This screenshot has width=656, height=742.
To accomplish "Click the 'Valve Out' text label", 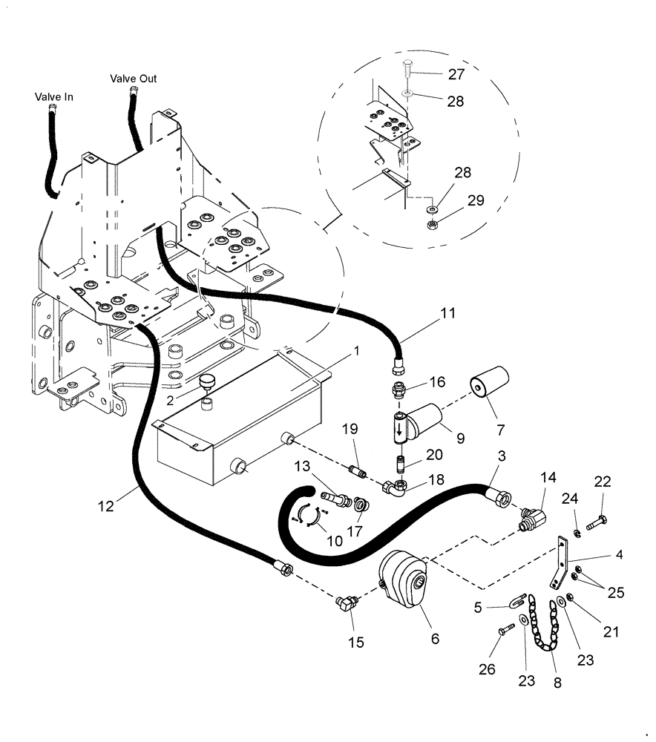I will pyautogui.click(x=134, y=79).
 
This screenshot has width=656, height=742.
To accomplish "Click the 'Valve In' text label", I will pyautogui.click(x=53, y=96).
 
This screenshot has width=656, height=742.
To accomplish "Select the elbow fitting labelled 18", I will pyautogui.click(x=395, y=486).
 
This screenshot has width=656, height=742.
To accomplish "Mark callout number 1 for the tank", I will pyautogui.click(x=357, y=351).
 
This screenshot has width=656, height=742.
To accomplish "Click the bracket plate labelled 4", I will pyautogui.click(x=563, y=566).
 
